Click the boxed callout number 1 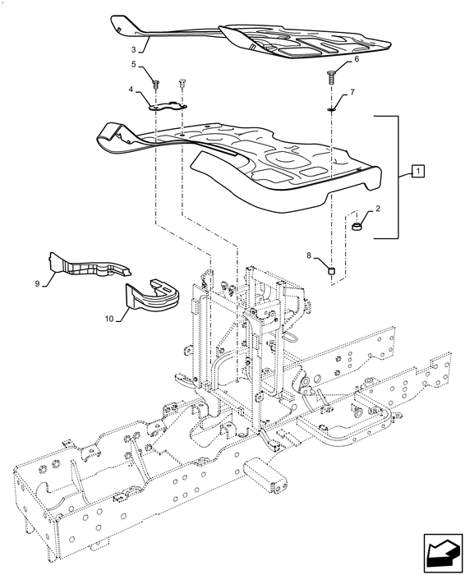tap(418, 171)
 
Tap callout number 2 tap(377, 209)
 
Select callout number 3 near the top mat tap(133, 49)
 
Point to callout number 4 tap(131, 89)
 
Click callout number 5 tap(133, 65)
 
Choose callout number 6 tap(357, 59)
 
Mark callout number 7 tap(352, 92)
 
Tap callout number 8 tap(308, 255)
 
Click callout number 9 tap(37, 283)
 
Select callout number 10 tap(109, 319)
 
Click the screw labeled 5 tap(156, 85)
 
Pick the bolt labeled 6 tap(329, 77)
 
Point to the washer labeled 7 tap(331, 109)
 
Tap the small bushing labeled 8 tap(332, 271)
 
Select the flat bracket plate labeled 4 tap(168, 106)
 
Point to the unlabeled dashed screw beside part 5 tap(182, 85)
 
